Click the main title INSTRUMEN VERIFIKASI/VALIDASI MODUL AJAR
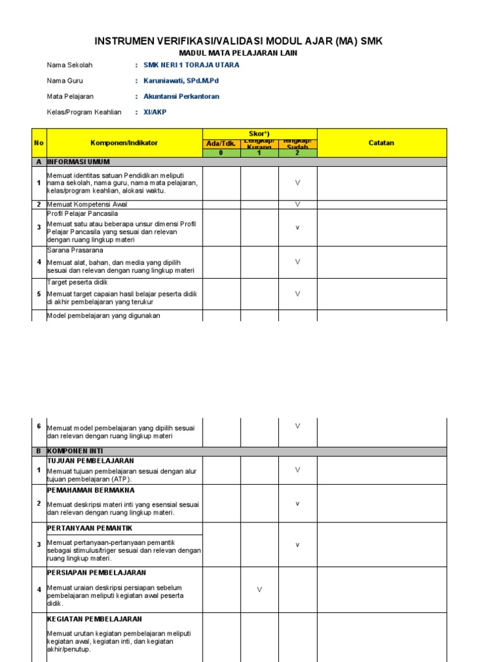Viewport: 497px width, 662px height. (x=239, y=41)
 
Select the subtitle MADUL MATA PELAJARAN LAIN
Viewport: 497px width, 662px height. (x=238, y=53)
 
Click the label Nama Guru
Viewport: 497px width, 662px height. (x=65, y=81)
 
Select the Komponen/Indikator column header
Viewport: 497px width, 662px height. (x=124, y=143)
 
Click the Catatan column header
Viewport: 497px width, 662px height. (x=381, y=143)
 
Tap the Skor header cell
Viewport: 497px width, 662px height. (x=260, y=133)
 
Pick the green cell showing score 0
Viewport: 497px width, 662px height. (x=221, y=153)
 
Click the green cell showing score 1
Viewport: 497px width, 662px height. (x=260, y=153)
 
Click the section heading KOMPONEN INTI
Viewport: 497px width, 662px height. (x=74, y=451)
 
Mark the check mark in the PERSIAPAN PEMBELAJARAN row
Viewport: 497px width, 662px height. (x=260, y=589)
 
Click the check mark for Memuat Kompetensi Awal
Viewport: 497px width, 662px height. (x=298, y=204)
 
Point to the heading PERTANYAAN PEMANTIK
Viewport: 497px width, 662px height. (x=89, y=528)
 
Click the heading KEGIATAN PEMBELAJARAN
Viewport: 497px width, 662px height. (x=94, y=619)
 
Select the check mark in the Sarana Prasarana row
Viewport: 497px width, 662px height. (x=298, y=262)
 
